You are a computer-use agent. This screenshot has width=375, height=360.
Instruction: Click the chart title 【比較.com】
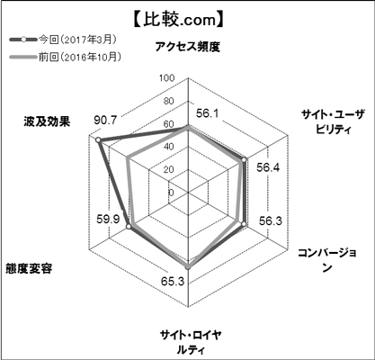pos(178,21)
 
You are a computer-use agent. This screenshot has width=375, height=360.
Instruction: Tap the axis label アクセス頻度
pos(188,47)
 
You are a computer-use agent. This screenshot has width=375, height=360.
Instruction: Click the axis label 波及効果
pos(48,121)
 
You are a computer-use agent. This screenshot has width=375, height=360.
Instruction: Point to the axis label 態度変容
pos(29,268)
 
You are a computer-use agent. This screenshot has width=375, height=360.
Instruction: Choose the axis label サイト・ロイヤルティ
pos(191,342)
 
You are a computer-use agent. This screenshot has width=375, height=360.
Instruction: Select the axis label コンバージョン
pos(327,260)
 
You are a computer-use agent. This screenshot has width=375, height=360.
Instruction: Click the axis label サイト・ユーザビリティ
pos(334,121)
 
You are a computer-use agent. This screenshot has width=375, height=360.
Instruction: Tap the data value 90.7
pos(105,120)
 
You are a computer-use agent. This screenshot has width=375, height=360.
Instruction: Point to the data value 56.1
pos(208,113)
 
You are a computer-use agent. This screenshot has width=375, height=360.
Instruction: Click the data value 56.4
pos(268,167)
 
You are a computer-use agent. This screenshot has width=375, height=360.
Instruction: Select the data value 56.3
pos(271,221)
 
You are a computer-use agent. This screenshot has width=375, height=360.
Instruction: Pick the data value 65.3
pos(173,282)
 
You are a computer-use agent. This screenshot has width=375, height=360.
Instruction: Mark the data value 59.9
pos(108,219)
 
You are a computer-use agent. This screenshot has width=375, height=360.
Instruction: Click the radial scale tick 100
pos(166,78)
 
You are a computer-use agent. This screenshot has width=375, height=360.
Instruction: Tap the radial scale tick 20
pos(169,169)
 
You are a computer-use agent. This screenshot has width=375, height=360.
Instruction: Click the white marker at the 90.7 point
pos(97,140)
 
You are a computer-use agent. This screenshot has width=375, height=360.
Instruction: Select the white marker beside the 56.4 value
pos(245,160)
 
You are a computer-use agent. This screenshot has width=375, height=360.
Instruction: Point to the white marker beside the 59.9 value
pos(129,227)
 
